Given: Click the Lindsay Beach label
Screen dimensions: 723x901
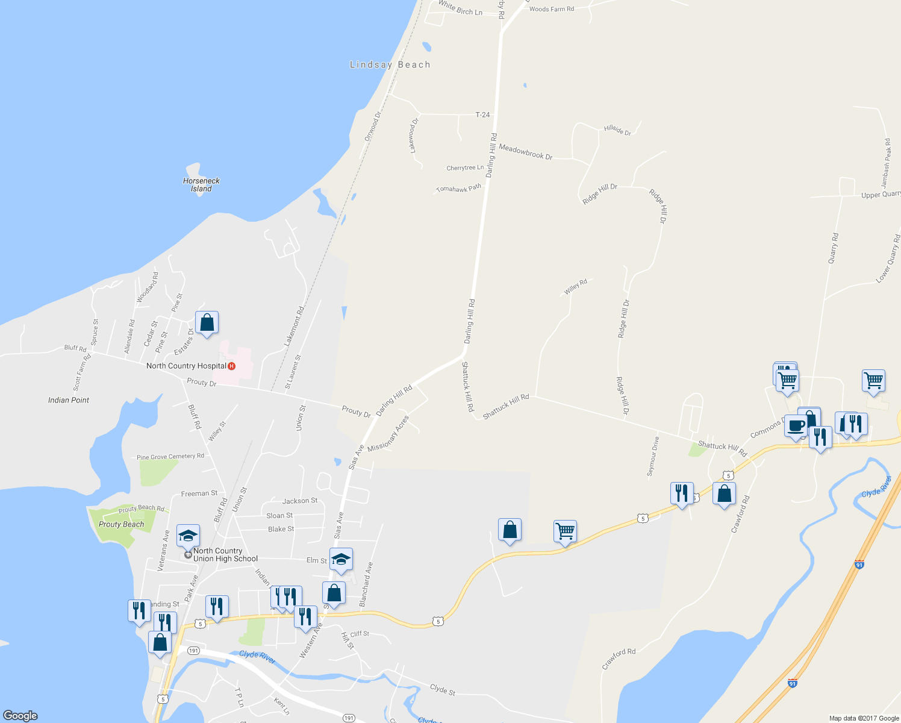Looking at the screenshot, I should tap(390, 64).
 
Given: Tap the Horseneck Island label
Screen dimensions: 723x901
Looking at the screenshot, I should tap(201, 184).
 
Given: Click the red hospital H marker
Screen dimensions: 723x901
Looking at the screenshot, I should tap(231, 366).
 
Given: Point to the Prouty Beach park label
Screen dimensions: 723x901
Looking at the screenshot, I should tap(121, 524).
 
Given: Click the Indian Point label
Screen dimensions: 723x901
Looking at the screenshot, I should tap(69, 400).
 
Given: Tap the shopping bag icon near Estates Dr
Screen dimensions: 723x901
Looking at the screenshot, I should tap(207, 322).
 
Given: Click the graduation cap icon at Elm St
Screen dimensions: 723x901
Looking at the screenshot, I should tap(341, 560).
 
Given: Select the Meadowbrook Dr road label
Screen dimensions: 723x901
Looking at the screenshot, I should tap(525, 152).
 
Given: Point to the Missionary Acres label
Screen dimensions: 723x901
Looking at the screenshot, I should tap(388, 433).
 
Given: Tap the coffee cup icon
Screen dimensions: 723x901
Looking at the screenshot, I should tap(796, 425).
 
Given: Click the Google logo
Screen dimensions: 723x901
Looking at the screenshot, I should tap(20, 716).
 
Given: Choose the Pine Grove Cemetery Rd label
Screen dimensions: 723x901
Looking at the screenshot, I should tap(170, 457).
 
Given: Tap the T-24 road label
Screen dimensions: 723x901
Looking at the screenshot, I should tap(482, 114).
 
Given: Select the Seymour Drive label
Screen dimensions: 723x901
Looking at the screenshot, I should tap(653, 456).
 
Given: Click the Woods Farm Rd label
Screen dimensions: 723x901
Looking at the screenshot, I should tap(552, 9).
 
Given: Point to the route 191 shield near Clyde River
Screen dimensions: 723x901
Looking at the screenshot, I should tap(193, 651).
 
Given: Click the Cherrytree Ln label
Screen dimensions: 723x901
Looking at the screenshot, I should tap(465, 168).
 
